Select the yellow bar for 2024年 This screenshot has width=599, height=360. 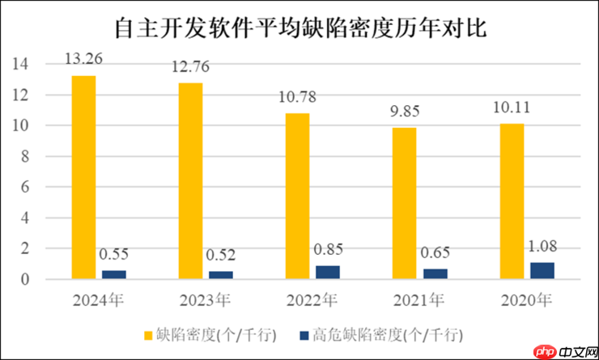pos(83,177)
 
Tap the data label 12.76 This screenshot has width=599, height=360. pos(191,67)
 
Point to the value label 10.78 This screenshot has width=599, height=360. pos(298,97)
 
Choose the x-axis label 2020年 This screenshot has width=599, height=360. pos(525,301)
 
